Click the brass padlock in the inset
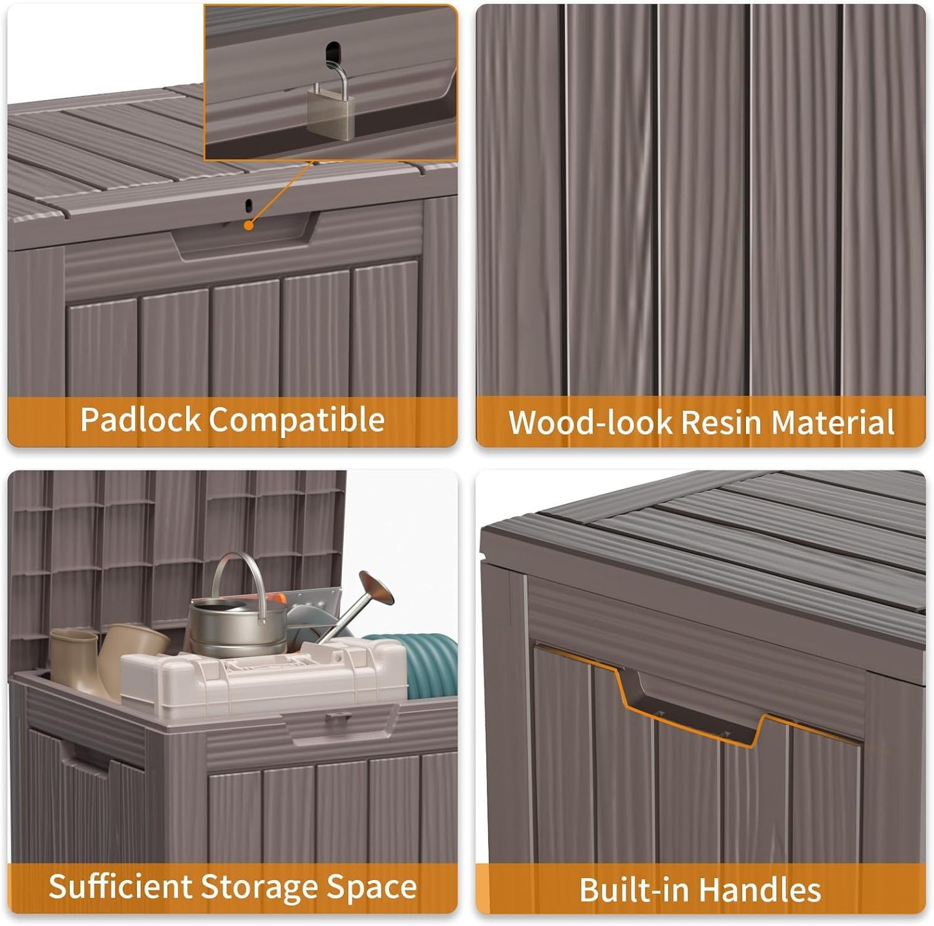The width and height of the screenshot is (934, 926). point(330,105)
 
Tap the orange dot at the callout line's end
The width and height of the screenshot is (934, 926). point(249,225)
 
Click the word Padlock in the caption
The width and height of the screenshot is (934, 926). point(140,419)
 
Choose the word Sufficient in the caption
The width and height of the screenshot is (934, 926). point(120,887)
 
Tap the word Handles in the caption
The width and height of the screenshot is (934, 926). point(759,890)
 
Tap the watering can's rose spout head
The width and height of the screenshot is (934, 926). point(376,588)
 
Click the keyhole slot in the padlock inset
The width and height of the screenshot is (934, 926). point(333,52)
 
